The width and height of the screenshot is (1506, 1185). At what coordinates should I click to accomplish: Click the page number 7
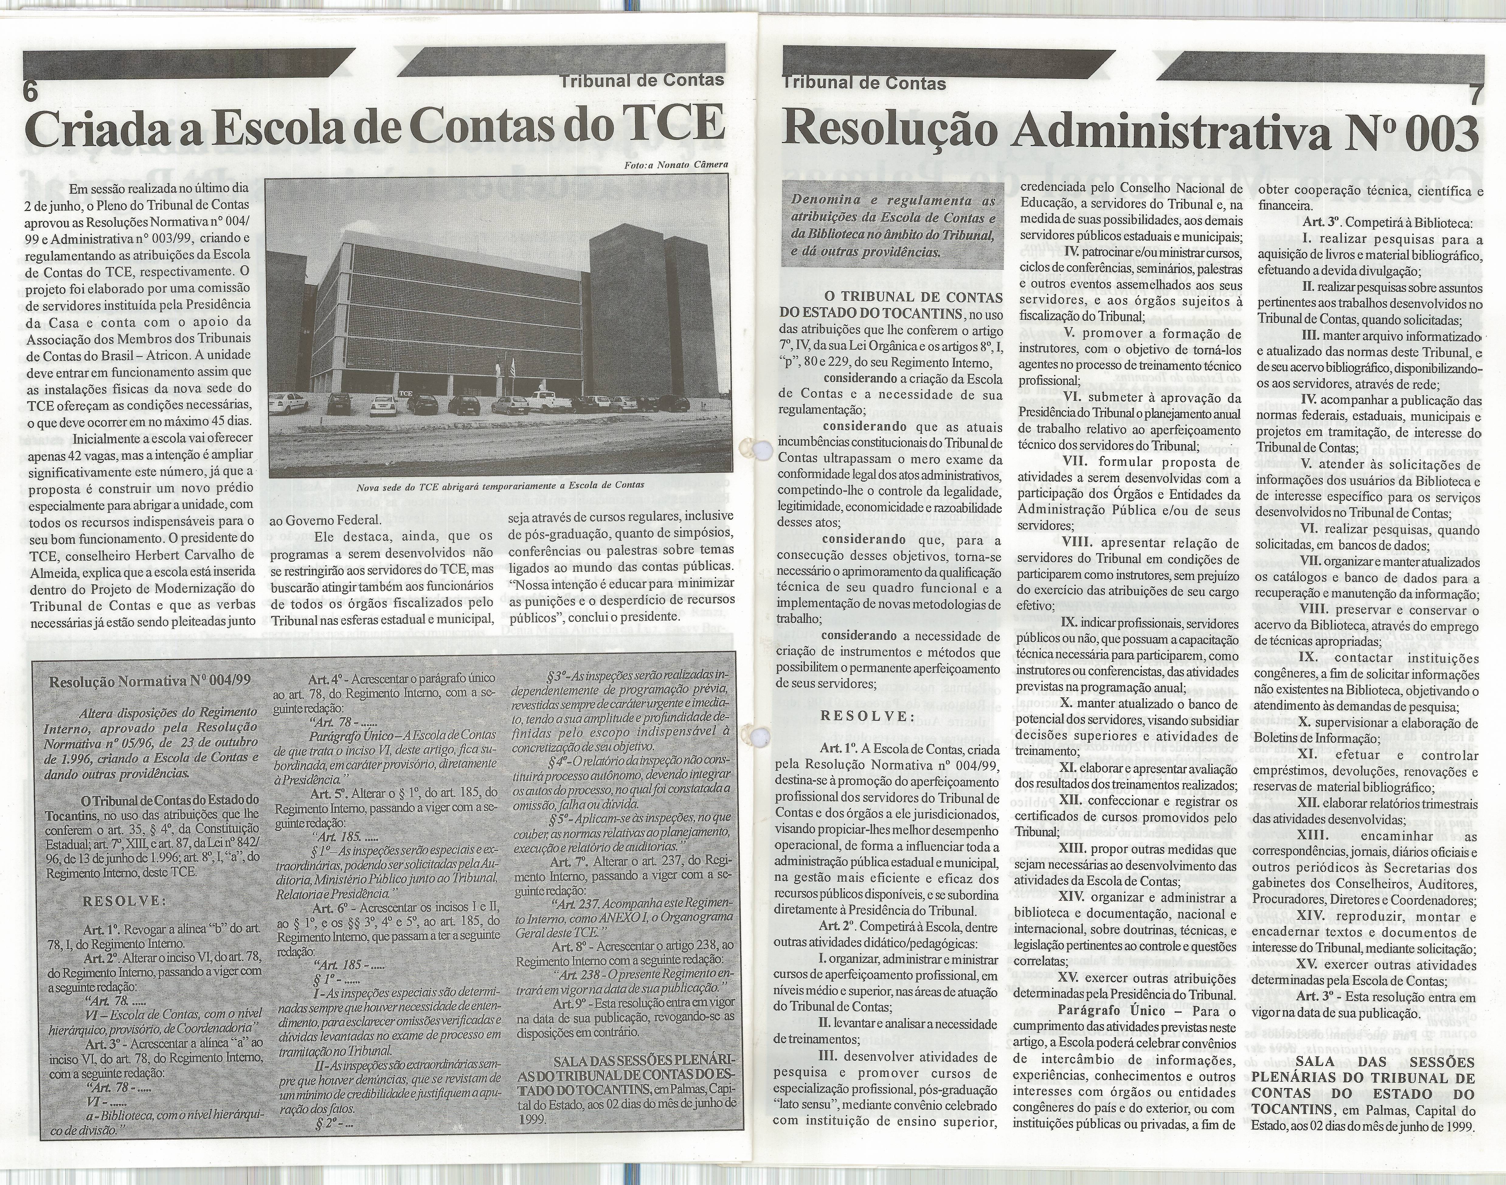(1474, 93)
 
